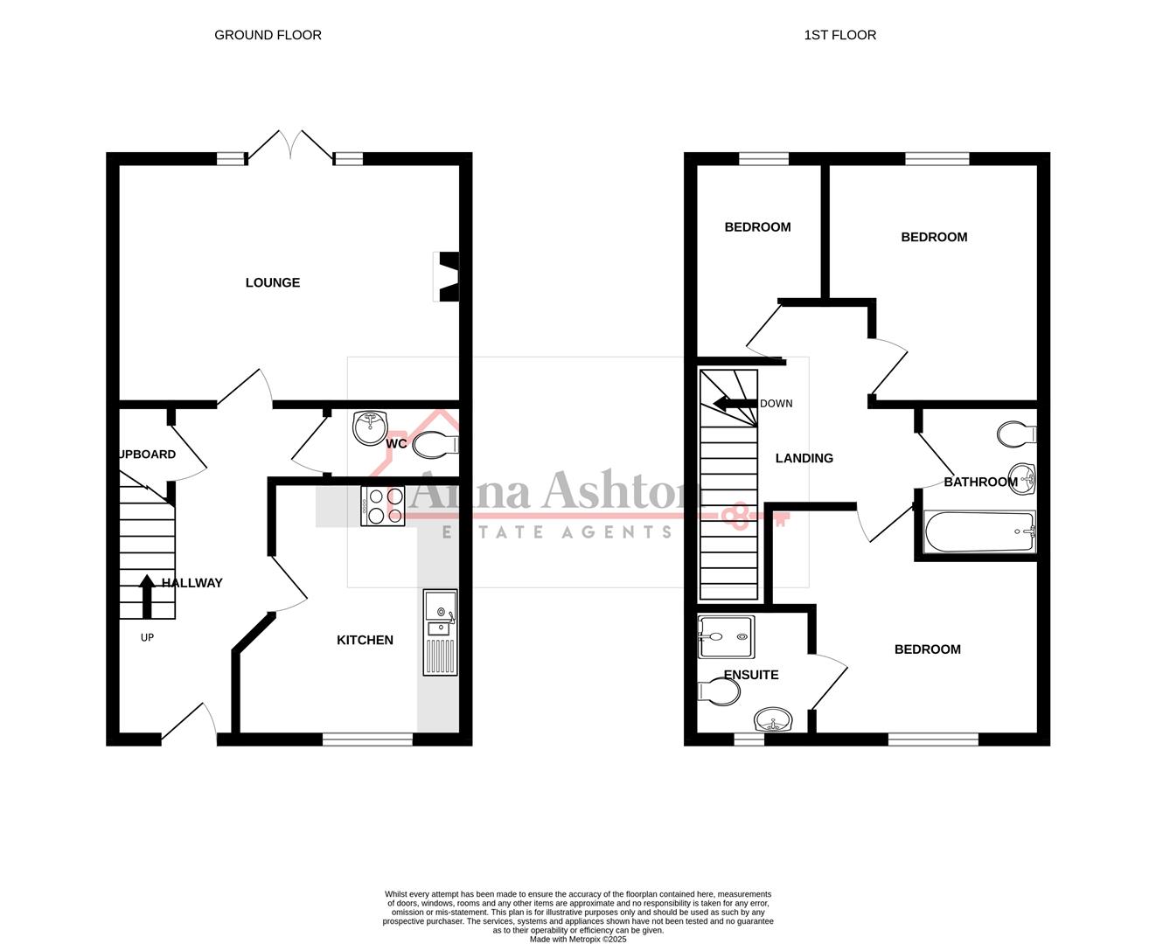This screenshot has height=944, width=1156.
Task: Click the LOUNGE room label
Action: pos(272,282)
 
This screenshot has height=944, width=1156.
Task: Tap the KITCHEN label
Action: pos(365,640)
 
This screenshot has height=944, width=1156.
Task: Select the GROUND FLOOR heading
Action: pos(268,35)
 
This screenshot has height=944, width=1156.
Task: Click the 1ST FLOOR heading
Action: pos(839,35)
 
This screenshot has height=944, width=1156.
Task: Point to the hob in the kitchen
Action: pos(383,506)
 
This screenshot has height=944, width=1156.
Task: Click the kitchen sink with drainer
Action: pos(440,632)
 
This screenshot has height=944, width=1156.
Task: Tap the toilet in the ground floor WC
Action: pos(435,445)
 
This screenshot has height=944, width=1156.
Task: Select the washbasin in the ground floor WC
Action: pos(371,427)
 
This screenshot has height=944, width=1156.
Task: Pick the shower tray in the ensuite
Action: pos(725,635)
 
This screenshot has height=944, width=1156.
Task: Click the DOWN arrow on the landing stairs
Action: pos(734,403)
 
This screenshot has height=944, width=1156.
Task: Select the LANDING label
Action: pos(804,458)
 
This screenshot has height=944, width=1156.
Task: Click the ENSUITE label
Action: pos(750,675)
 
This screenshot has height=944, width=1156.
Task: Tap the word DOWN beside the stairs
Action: pos(776,404)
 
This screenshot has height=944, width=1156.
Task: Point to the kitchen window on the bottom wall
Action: pos(367,739)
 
